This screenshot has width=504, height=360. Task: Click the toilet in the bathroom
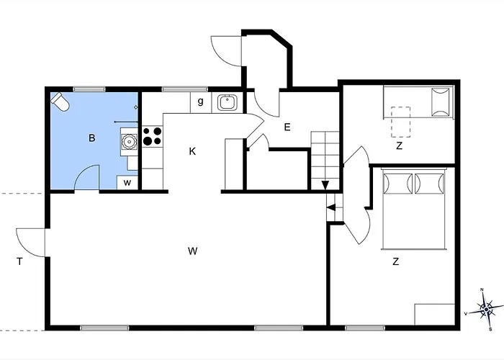60,102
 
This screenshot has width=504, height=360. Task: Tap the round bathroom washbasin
129,141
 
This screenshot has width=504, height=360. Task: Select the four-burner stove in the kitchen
153,136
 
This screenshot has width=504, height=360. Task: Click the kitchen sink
228,102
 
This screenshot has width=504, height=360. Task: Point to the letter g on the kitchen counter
201,102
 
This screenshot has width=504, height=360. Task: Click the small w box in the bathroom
127,183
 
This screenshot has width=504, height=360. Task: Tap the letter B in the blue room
92,138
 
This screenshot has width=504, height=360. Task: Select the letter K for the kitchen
192,151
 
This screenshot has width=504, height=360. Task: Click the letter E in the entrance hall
287,127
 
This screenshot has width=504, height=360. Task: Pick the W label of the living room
192,251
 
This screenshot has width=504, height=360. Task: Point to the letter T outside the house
19,261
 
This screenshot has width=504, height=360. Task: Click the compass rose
486,309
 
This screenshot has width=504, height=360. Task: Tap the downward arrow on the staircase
325,185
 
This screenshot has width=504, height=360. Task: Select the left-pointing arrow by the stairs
331,207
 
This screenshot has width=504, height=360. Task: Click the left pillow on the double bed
398,184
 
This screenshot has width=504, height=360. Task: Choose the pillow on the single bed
441,102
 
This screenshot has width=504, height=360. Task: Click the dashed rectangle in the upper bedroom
401,122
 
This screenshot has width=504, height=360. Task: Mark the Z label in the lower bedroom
396,261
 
